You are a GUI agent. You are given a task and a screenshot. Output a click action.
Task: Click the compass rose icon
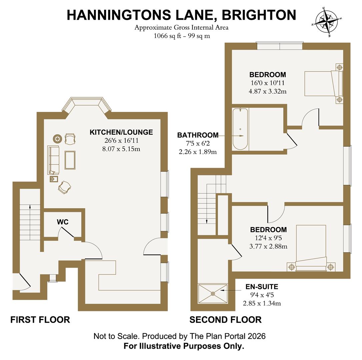click(x=326, y=21)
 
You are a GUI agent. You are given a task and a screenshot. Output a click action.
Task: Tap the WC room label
click(x=63, y=222)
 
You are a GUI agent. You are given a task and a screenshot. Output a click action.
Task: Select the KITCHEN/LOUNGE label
click(x=121, y=132)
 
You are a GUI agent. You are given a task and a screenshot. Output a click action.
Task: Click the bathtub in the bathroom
click(x=240, y=129)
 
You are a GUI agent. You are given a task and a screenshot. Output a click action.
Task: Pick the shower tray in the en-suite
click(x=213, y=294)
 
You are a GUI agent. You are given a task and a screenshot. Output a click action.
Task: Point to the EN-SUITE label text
click(x=262, y=287)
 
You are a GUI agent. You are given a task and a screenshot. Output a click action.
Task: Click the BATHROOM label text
click(x=198, y=135)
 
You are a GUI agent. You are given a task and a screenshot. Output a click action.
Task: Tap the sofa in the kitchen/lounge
click(x=53, y=160)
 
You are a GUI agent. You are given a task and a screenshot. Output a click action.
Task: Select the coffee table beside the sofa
click(x=70, y=160)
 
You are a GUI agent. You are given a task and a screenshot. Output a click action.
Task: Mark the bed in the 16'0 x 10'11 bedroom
click(x=323, y=83)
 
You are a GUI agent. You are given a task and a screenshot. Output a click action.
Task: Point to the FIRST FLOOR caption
click(x=40, y=320)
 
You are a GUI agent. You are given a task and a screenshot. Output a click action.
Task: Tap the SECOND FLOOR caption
click(x=225, y=320)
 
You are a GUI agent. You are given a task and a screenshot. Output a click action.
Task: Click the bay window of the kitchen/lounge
click(x=87, y=106)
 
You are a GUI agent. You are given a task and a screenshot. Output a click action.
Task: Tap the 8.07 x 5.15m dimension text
click(x=121, y=149)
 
